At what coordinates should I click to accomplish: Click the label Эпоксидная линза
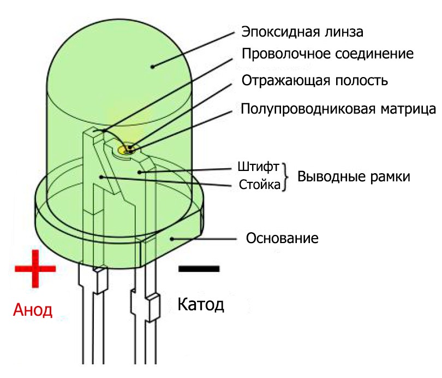pos(302,31)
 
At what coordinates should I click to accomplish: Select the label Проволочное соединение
pos(327,55)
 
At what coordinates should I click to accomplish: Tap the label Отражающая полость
pos(314,81)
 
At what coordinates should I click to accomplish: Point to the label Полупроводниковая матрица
pos(338,108)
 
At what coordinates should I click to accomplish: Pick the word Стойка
pos(260,185)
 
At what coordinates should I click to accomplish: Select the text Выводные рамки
pos(353,177)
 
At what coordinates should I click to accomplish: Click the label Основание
pos(282,239)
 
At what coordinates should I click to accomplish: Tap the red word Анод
pos(33,311)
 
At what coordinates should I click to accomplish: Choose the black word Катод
pos(201,304)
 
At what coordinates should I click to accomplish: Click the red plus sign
pos(35,268)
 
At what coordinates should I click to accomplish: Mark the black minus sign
pos(199,268)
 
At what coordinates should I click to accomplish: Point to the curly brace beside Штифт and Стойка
pos(285,176)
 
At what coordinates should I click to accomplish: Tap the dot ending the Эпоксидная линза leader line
pos(153,67)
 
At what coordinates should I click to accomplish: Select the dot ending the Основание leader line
pos(172,238)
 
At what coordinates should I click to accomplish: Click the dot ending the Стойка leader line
pos(101,176)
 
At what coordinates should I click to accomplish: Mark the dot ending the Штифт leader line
pos(140,172)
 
